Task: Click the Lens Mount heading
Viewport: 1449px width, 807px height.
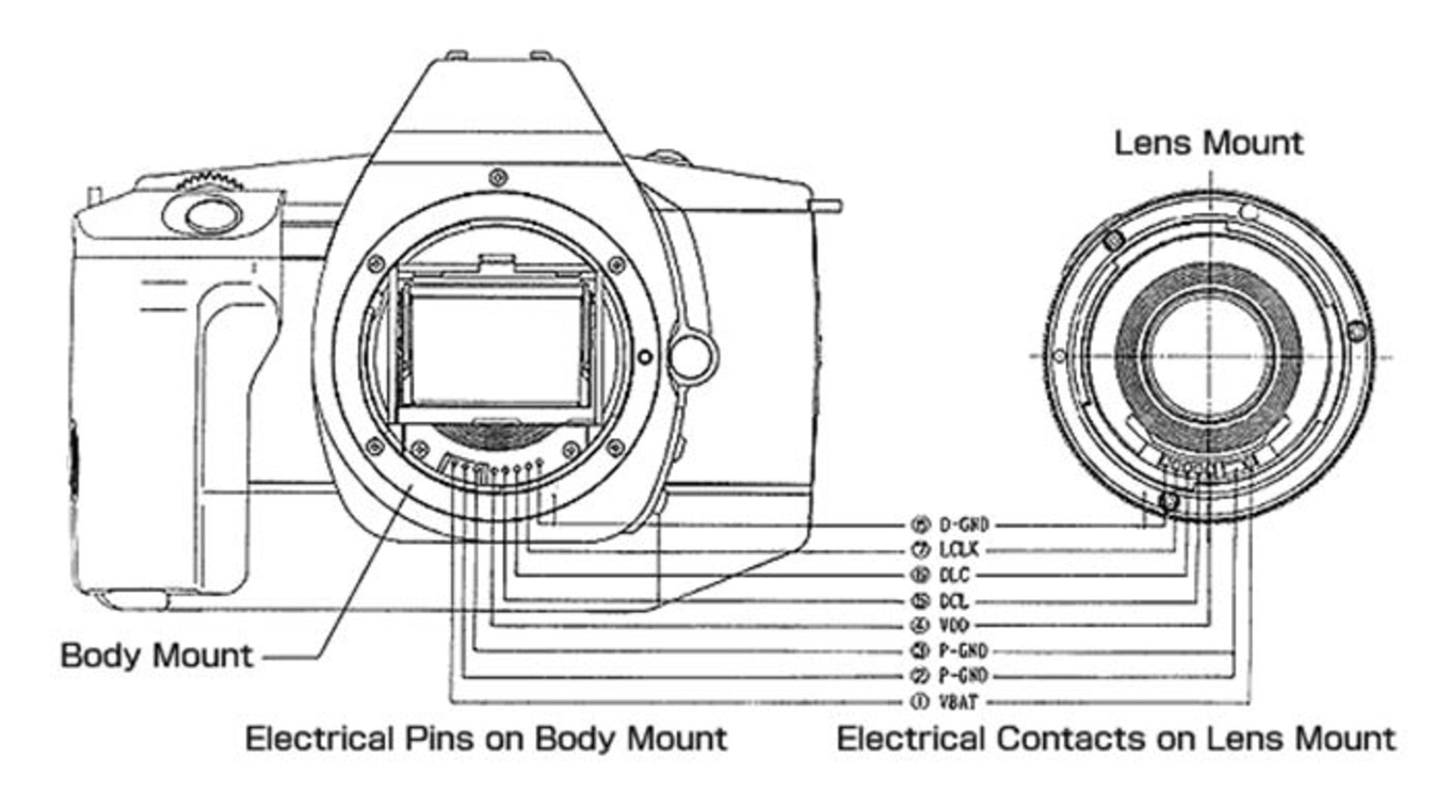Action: pyautogui.click(x=1208, y=143)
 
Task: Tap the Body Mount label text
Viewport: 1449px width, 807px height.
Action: pyautogui.click(x=156, y=655)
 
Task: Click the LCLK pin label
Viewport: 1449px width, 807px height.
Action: pyautogui.click(x=958, y=551)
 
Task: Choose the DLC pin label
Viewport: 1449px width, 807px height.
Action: pyautogui.click(x=954, y=575)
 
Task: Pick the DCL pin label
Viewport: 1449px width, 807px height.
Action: pyautogui.click(x=954, y=601)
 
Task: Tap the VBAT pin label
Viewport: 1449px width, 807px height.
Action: pyautogui.click(x=958, y=702)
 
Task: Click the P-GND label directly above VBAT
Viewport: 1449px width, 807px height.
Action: pyautogui.click(x=963, y=677)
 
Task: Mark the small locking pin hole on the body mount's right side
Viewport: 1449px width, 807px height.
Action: pyautogui.click(x=644, y=356)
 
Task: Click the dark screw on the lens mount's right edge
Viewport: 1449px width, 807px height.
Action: pyautogui.click(x=1356, y=330)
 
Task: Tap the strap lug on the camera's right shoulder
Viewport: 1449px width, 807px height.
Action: pyautogui.click(x=826, y=204)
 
